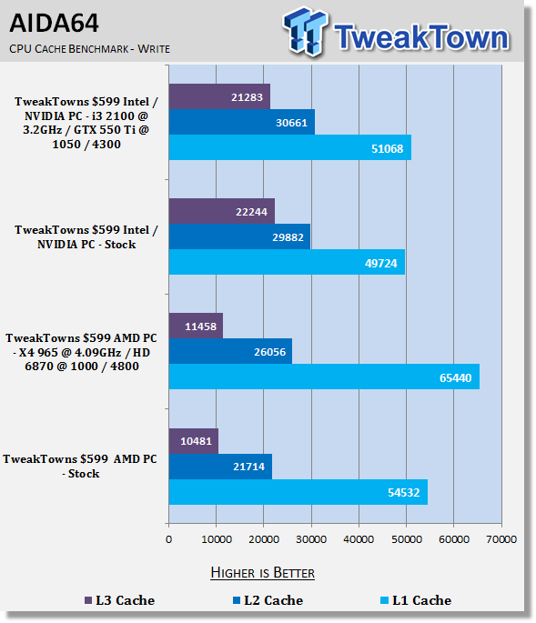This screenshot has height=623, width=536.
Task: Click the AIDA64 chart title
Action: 54,23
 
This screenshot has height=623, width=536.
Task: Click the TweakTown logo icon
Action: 305,31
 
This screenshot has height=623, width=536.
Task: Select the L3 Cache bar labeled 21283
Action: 219,96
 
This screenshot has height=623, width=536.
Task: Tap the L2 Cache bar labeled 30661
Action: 242,122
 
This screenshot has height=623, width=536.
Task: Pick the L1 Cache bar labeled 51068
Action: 290,147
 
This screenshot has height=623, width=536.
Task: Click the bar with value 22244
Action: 222,211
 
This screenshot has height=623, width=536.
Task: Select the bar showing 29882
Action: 239,236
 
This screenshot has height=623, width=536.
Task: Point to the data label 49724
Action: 381,263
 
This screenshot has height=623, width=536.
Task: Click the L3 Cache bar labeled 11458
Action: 196,326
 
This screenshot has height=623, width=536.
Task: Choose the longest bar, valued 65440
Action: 324,377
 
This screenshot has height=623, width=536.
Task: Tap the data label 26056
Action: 270,352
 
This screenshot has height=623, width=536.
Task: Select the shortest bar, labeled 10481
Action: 194,441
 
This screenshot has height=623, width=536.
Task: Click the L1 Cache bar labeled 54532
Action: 298,492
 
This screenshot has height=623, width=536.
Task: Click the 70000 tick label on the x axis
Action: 501,539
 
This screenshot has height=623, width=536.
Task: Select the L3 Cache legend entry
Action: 120,600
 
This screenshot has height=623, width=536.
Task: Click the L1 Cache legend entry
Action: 416,600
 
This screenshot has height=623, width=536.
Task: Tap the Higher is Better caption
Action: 262,573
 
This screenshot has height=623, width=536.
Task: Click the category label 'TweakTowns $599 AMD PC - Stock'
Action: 80,466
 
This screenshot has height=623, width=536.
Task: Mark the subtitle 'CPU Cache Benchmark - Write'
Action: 89,49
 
